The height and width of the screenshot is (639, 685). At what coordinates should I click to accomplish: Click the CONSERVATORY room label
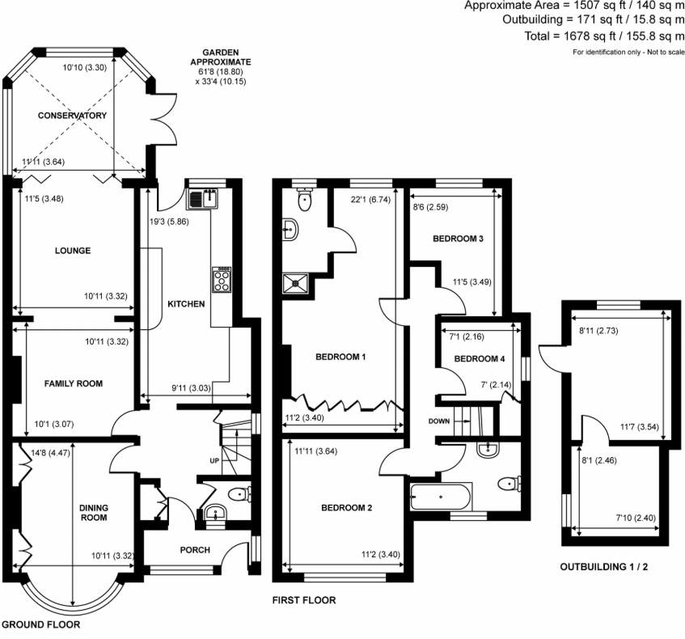(x=73, y=116)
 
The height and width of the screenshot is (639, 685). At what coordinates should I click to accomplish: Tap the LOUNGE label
(x=74, y=251)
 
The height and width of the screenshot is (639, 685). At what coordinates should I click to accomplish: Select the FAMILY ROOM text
(x=74, y=383)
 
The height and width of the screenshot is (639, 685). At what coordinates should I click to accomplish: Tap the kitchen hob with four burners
(x=221, y=279)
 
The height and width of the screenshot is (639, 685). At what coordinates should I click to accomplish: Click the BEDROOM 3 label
(x=458, y=239)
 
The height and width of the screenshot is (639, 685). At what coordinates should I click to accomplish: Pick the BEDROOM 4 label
(x=480, y=358)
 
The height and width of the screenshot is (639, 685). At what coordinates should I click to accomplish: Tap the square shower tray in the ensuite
(x=298, y=282)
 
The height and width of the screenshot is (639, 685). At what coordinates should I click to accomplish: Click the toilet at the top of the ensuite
(x=305, y=198)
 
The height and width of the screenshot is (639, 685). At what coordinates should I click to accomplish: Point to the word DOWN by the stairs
(x=440, y=421)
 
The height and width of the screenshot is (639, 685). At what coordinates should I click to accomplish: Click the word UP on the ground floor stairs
(x=214, y=461)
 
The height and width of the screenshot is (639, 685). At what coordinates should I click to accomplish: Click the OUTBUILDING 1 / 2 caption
(x=604, y=567)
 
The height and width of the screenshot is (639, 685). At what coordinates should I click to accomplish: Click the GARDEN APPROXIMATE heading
(x=221, y=57)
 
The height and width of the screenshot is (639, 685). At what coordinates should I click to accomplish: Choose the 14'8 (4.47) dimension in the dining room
(x=49, y=455)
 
